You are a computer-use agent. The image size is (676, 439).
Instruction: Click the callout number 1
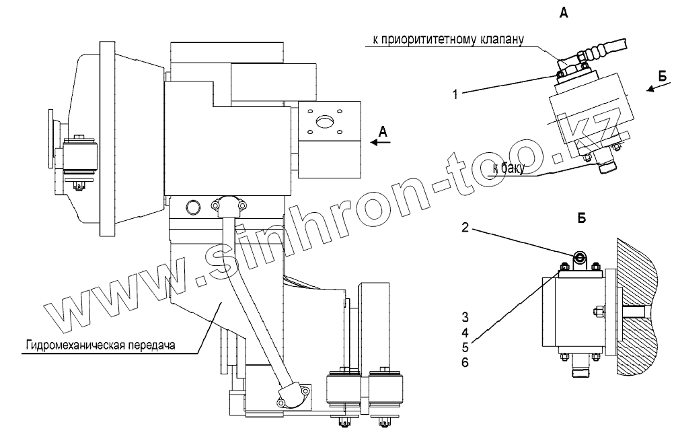coord(455,95)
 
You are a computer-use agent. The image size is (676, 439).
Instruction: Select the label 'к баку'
coord(506,168)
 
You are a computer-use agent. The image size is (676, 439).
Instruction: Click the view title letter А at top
coord(564,13)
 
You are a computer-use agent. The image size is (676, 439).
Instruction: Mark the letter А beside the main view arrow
coord(382,130)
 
